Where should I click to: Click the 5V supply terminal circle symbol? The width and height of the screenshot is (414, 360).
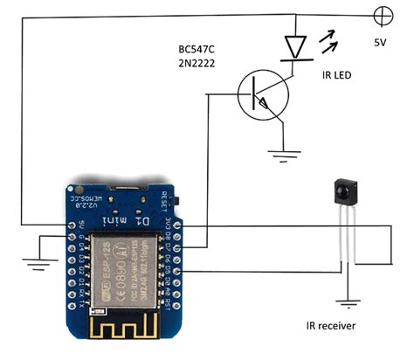[382, 16]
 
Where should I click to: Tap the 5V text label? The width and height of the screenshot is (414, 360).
[381, 42]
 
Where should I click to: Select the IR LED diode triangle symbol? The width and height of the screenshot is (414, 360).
[294, 46]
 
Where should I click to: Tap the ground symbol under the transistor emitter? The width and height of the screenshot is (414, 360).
[282, 157]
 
